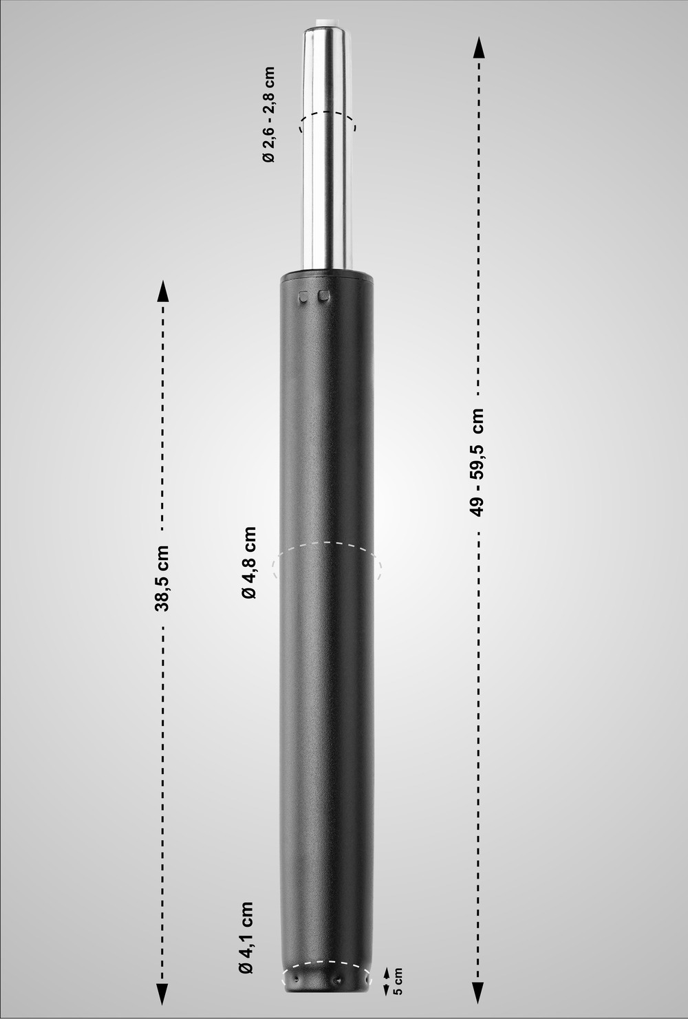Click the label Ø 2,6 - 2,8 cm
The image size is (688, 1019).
tap(268, 114)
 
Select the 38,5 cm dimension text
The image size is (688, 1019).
tap(163, 579)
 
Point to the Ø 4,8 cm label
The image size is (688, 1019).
tap(249, 562)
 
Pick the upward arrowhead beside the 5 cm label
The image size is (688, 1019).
tap(386, 972)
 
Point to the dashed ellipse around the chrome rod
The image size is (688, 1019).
tap(327, 115)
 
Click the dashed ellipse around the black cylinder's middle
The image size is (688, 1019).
tap(327, 544)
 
